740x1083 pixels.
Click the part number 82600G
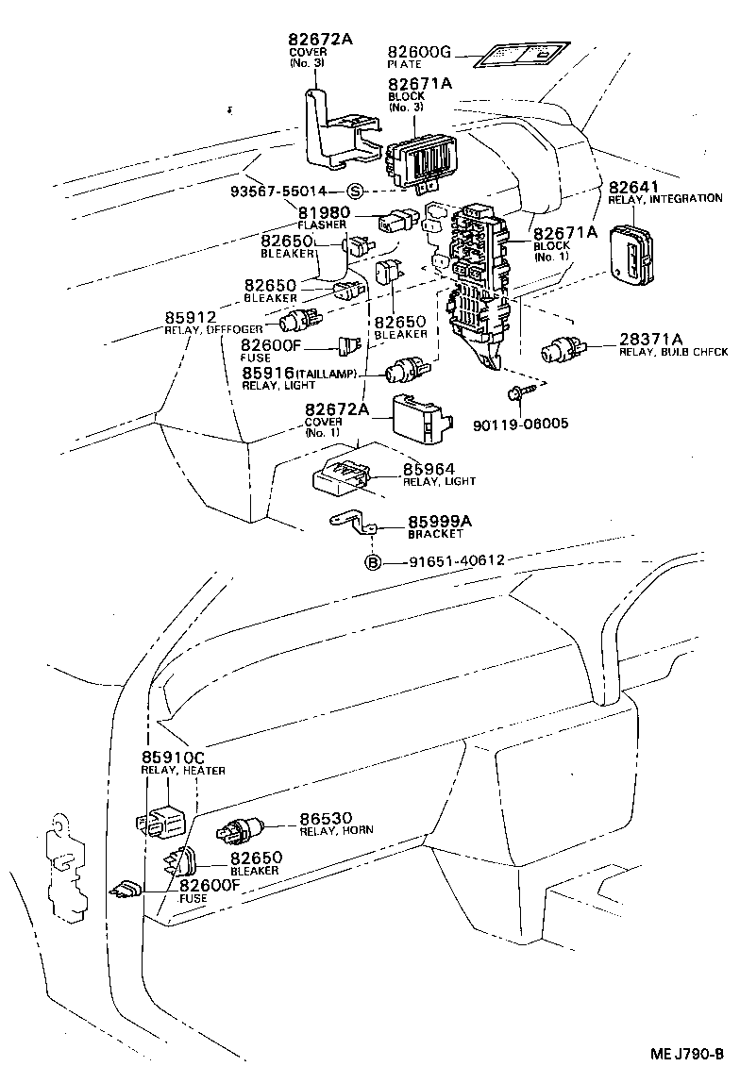421,51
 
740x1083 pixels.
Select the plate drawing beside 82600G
519,54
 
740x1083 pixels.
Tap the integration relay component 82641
630,252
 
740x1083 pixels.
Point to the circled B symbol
373,562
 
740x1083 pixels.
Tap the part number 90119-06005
524,424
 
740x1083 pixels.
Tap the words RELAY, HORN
336,830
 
